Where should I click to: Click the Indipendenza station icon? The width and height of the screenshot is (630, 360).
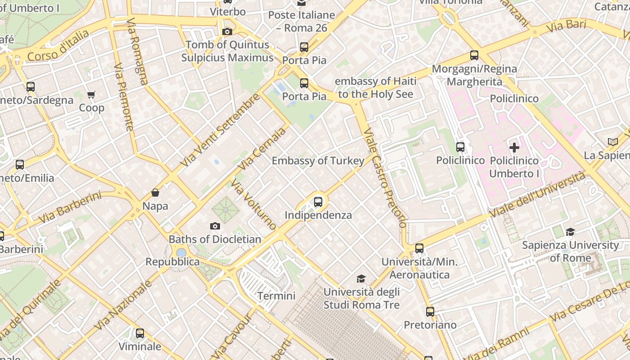[318, 202]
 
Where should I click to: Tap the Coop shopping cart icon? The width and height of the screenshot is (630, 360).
[91, 94]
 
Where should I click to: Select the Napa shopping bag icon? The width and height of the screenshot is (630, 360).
[155, 193]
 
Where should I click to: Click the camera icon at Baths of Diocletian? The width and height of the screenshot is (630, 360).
[215, 226]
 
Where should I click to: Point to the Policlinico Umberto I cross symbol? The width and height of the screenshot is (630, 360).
[514, 147]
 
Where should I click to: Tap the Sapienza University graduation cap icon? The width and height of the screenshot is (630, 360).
[570, 232]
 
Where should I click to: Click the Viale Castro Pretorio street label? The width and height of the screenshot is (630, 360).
[385, 178]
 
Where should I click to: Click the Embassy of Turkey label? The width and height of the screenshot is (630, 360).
[318, 161]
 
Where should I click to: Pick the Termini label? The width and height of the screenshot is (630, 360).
[276, 296]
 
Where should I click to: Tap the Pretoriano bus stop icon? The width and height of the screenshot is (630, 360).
[430, 311]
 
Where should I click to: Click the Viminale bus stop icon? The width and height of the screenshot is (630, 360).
[140, 333]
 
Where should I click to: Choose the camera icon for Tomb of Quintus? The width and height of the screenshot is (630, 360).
[227, 31]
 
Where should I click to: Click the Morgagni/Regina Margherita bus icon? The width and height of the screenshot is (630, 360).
[474, 55]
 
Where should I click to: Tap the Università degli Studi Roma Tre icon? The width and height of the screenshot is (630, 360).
[361, 279]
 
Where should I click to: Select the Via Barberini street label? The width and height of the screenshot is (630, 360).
[70, 207]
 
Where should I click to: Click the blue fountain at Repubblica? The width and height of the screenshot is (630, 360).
[181, 252]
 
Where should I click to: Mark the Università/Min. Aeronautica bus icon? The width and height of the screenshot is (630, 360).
[419, 248]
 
